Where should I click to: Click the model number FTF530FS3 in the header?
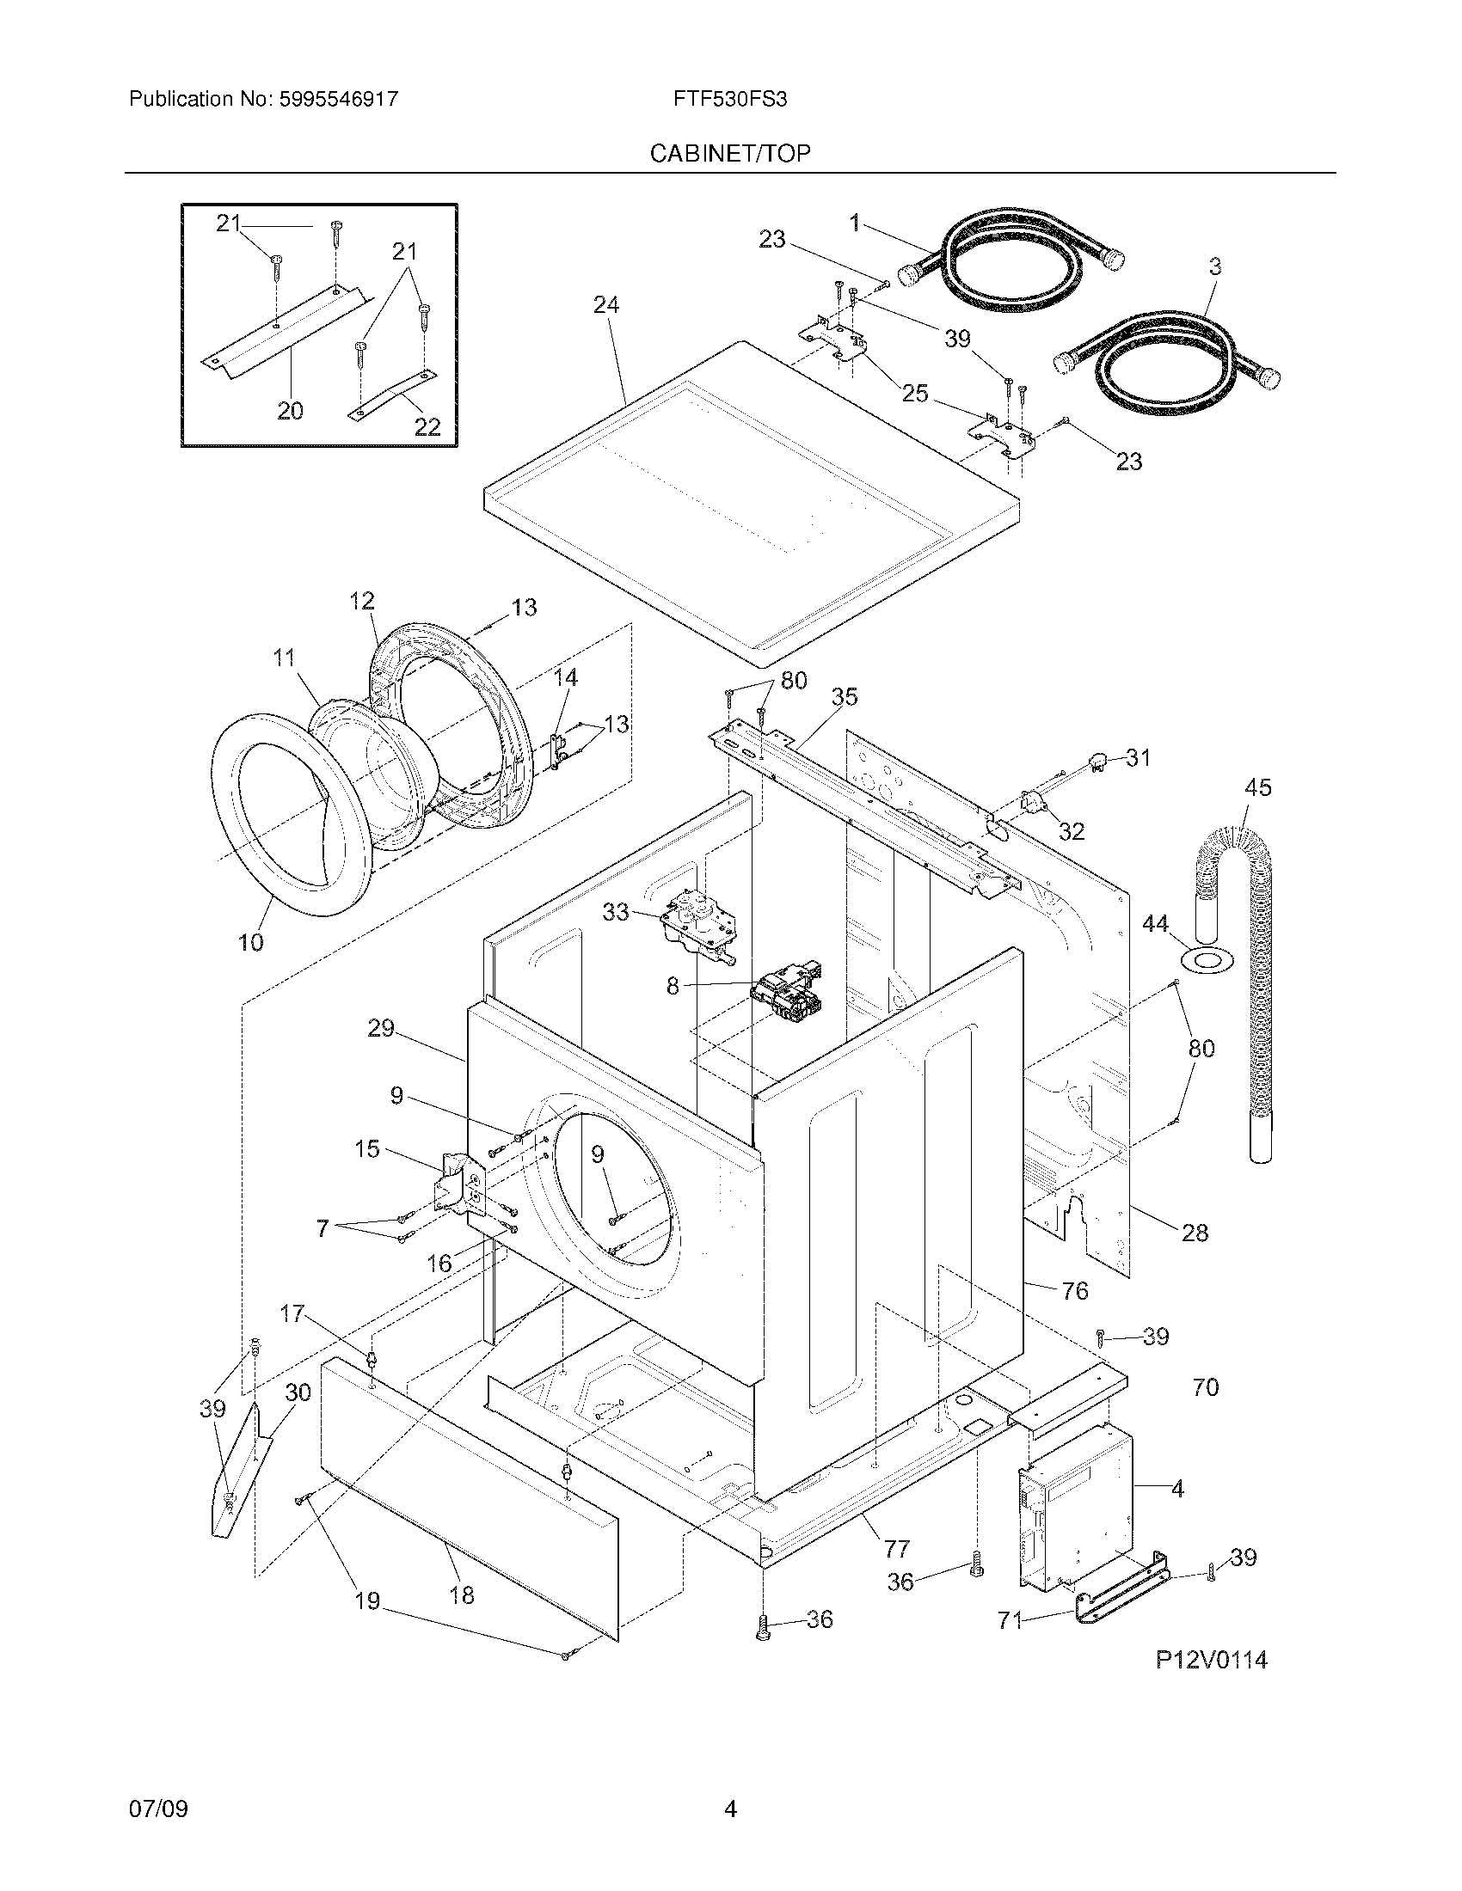(x=729, y=100)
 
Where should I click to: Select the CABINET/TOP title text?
(x=729, y=154)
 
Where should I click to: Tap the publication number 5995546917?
(x=339, y=100)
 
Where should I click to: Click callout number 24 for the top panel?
(x=606, y=305)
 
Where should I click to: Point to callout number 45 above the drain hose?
(x=1257, y=788)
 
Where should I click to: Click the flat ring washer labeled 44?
(x=1206, y=958)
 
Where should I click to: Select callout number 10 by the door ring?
(x=251, y=943)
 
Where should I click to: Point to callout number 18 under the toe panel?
(x=462, y=1594)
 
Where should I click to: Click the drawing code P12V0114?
(x=1211, y=1660)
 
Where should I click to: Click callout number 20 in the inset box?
(x=290, y=410)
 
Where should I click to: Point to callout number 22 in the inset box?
(x=428, y=426)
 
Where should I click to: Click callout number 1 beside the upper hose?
(x=855, y=223)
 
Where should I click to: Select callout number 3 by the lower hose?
(x=1214, y=266)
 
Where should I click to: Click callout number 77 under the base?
(x=896, y=1548)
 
